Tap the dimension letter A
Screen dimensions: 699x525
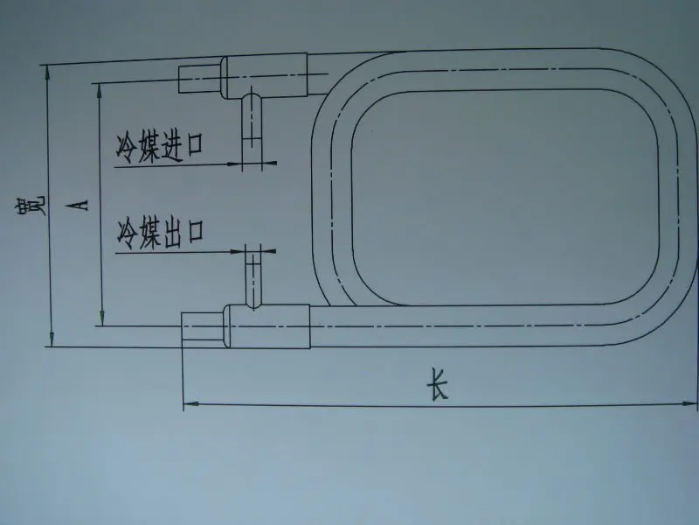[x=80, y=204]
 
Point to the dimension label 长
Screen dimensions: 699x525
[x=436, y=386]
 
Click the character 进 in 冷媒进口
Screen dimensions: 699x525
[x=176, y=144]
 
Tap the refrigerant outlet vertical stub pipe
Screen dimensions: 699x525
[x=254, y=276]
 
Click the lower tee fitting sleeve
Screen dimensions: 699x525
[x=267, y=325]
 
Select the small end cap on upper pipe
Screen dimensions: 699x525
[x=198, y=79]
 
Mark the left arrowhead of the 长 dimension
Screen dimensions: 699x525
[x=189, y=404]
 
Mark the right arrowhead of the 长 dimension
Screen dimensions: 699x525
[x=690, y=404]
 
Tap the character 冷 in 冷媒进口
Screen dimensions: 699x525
[x=128, y=145]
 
